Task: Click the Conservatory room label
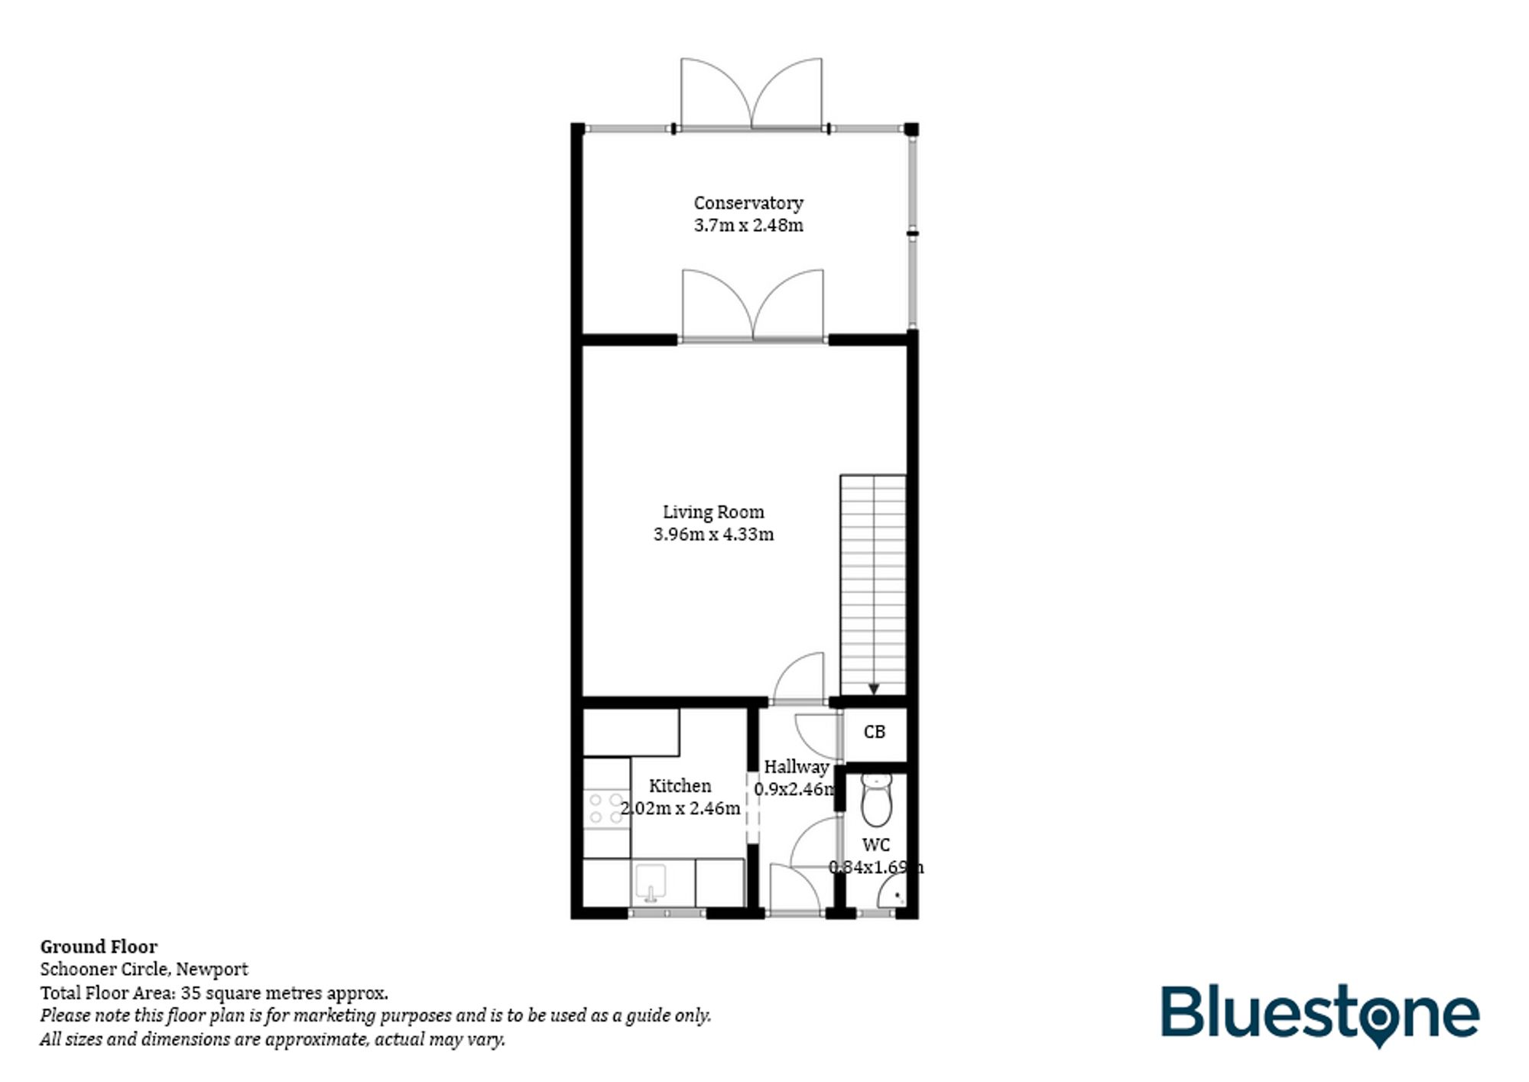pos(748,203)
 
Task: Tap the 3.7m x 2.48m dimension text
pos(748,225)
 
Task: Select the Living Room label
pos(713,512)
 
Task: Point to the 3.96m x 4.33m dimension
pos(713,534)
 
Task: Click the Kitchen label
pos(680,785)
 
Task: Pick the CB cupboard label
pos(874,732)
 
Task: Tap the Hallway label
pos(796,766)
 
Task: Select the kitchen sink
pos(651,882)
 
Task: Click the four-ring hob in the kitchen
pos(606,808)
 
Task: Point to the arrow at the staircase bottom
pos(874,688)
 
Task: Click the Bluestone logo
pos(1320,1015)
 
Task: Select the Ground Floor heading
pos(99,947)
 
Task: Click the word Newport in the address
pos(212,970)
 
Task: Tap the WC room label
pos(876,845)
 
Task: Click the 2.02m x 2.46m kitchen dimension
pos(680,807)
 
